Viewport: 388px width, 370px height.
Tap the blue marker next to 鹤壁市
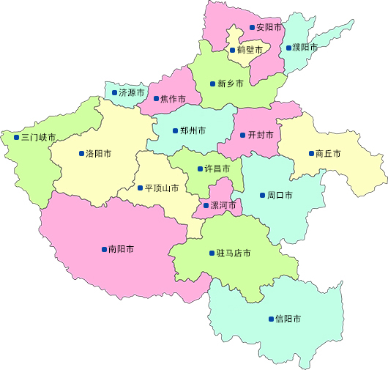pyautogui.click(x=231, y=51)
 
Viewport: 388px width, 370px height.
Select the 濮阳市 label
pyautogui.click(x=305, y=48)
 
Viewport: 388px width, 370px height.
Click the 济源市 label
pyautogui.click(x=132, y=93)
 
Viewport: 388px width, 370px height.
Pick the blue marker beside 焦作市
pyautogui.click(x=156, y=98)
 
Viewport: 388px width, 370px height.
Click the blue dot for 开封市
pyautogui.click(x=242, y=135)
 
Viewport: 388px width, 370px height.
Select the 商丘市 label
pyautogui.click(x=329, y=154)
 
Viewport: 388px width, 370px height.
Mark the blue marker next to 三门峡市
pyautogui.click(x=16, y=137)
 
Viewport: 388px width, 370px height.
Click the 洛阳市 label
pyautogui.click(x=99, y=154)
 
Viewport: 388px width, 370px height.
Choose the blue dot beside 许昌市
pyautogui.click(x=200, y=169)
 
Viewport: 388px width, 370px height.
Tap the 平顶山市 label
pyautogui.click(x=162, y=188)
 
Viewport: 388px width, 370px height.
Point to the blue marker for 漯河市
pyautogui.click(x=206, y=206)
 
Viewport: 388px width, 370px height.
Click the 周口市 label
pyautogui.click(x=280, y=196)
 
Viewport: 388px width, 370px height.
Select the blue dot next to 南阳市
pyautogui.click(x=103, y=249)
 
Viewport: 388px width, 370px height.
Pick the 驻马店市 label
pyautogui.click(x=234, y=254)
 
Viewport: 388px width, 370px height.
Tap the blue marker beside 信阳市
pyautogui.click(x=270, y=319)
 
